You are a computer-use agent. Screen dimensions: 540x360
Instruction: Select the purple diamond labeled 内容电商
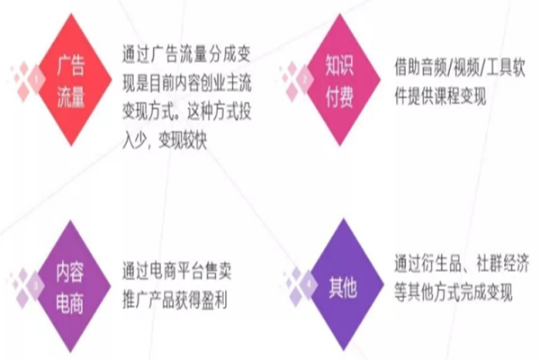tap(71, 284)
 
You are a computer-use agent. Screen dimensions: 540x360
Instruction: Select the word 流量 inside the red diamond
tap(71, 95)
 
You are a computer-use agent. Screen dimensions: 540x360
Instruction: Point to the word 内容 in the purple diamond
tap(71, 270)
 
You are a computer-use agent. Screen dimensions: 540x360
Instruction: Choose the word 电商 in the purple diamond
tap(71, 300)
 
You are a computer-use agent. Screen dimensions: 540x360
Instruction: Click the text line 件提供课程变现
tap(440, 95)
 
